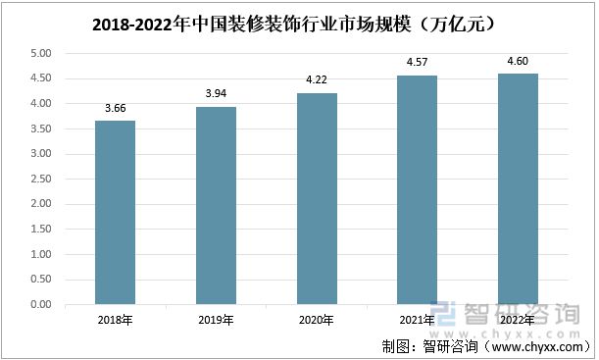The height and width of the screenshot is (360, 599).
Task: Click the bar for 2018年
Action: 115,213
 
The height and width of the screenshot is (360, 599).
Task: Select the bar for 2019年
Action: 216,206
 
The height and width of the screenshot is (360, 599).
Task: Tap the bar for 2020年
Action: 317,199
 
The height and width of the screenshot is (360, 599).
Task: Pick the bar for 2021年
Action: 417,190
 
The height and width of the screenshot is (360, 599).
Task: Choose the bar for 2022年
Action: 518,189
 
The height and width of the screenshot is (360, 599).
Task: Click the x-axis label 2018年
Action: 115,320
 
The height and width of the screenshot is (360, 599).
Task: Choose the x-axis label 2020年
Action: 317,320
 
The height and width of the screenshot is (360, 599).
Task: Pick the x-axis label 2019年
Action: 216,320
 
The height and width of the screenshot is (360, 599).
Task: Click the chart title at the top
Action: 298,20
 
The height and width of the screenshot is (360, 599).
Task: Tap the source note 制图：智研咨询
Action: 485,346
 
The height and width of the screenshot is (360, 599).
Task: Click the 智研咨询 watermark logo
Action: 509,313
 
